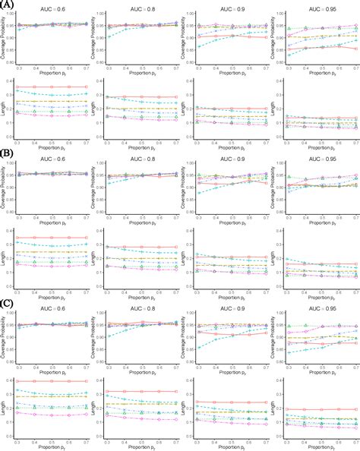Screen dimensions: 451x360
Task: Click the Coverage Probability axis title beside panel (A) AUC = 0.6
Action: pos(4,42)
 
